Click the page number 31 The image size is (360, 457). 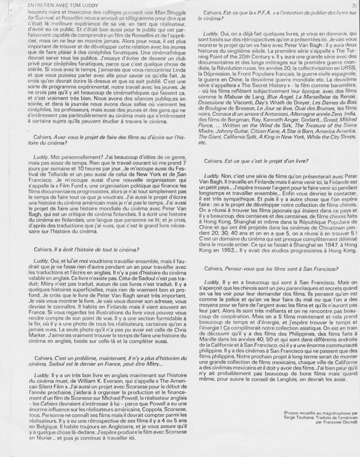(x=354, y=5)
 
